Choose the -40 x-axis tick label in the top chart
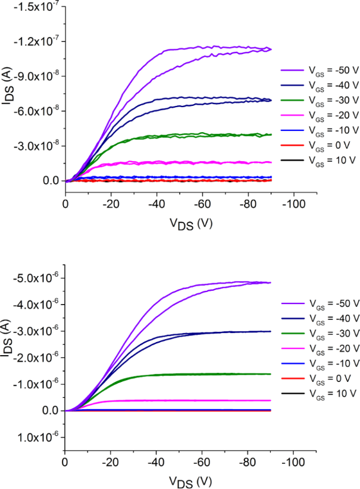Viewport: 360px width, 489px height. [156, 203]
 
